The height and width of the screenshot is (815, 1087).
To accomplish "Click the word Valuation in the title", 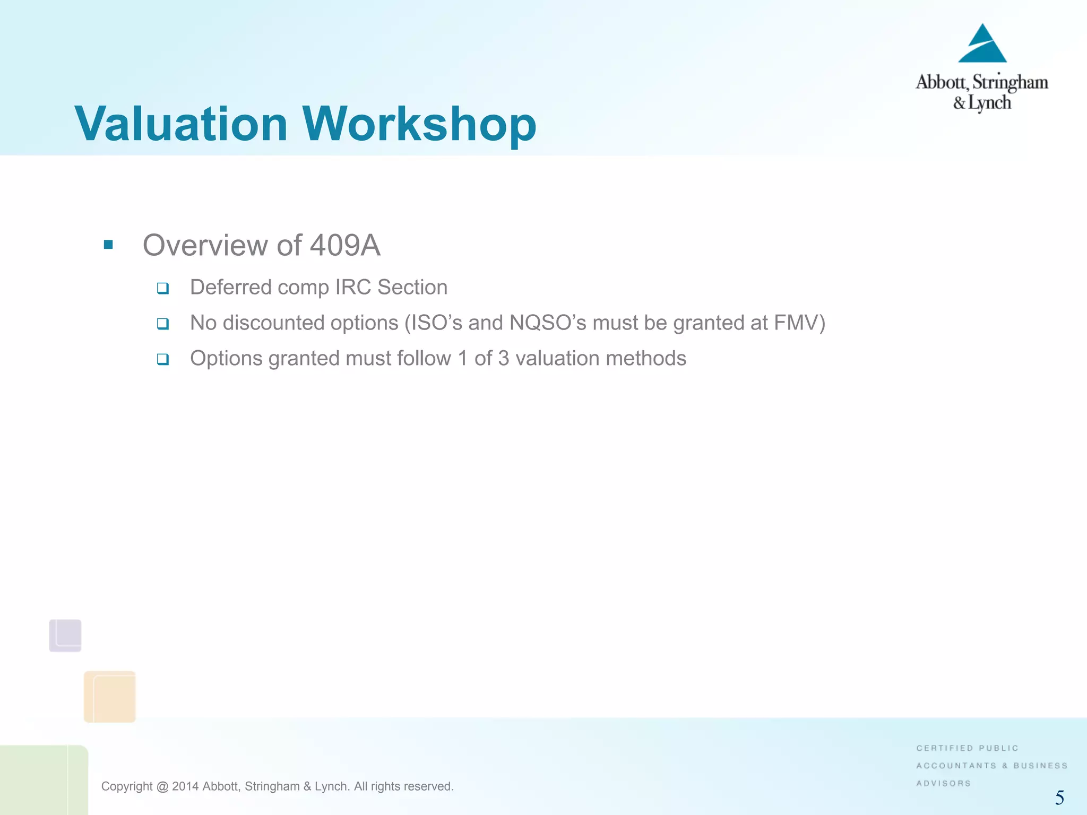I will pyautogui.click(x=181, y=124).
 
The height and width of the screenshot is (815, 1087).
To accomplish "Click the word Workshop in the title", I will pyautogui.click(x=419, y=124).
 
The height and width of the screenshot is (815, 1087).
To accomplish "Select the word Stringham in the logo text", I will pyautogui.click(x=1010, y=83).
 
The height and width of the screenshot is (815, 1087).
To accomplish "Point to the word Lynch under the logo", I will pyautogui.click(x=990, y=103).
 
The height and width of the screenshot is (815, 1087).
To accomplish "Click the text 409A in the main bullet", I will pyautogui.click(x=345, y=245).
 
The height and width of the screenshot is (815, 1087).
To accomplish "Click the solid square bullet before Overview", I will pyautogui.click(x=108, y=245).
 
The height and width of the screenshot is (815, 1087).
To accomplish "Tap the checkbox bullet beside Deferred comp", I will pyautogui.click(x=163, y=288).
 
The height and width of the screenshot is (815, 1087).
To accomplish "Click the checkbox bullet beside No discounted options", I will pyautogui.click(x=163, y=324).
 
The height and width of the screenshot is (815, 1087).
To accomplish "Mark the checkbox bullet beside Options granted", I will pyautogui.click(x=163, y=359).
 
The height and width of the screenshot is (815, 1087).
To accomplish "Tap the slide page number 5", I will pyautogui.click(x=1059, y=797).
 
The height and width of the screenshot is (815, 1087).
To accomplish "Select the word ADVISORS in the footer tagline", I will pyautogui.click(x=943, y=783).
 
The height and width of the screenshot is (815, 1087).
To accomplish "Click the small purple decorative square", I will pyautogui.click(x=65, y=635).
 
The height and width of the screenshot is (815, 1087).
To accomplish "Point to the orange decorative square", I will pyautogui.click(x=110, y=696).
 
